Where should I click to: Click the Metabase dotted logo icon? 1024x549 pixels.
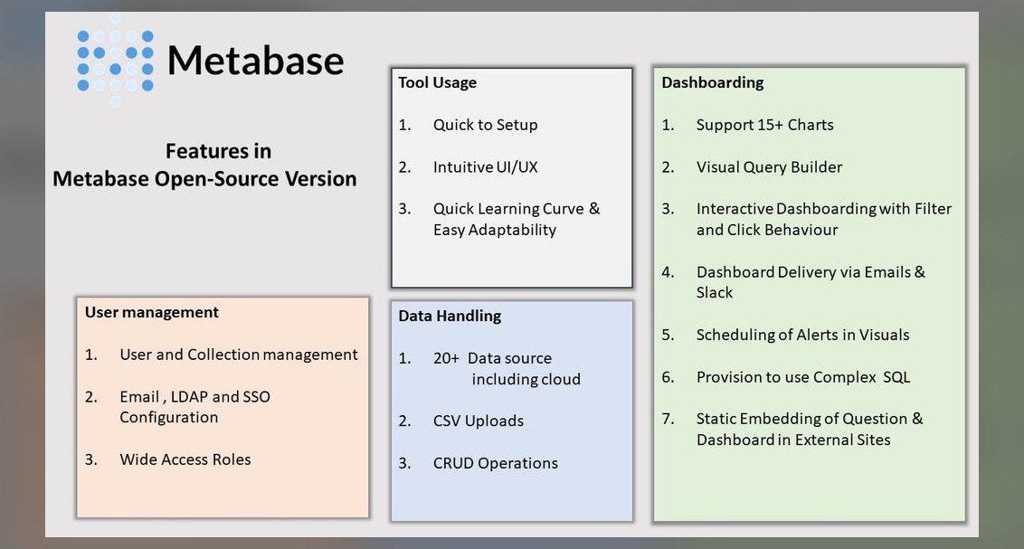[x=116, y=60]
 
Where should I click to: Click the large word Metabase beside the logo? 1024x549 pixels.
[x=255, y=61]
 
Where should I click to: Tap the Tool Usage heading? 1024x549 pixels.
[x=438, y=83]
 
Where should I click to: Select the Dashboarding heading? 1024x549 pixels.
[x=713, y=83]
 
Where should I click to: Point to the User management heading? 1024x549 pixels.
[x=151, y=313]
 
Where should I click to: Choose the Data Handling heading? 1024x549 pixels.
[x=450, y=316]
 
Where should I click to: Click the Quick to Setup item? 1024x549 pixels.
[x=485, y=125]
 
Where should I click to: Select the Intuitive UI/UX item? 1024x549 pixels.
[x=485, y=167]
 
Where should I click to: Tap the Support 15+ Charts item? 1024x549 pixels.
[x=764, y=125]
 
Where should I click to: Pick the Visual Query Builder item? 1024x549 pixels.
[x=769, y=167]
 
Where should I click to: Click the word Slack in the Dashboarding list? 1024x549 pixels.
[x=715, y=292]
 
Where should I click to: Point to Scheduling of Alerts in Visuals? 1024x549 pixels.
[x=802, y=335]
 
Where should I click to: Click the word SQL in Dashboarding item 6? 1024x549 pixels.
[x=896, y=377]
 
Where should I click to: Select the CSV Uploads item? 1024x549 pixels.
[x=478, y=421]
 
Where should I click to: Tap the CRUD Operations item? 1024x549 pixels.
[x=495, y=463]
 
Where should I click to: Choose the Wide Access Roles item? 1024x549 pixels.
[x=185, y=459]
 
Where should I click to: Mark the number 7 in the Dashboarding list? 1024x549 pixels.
[x=668, y=419]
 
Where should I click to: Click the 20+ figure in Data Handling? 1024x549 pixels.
[x=446, y=358]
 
